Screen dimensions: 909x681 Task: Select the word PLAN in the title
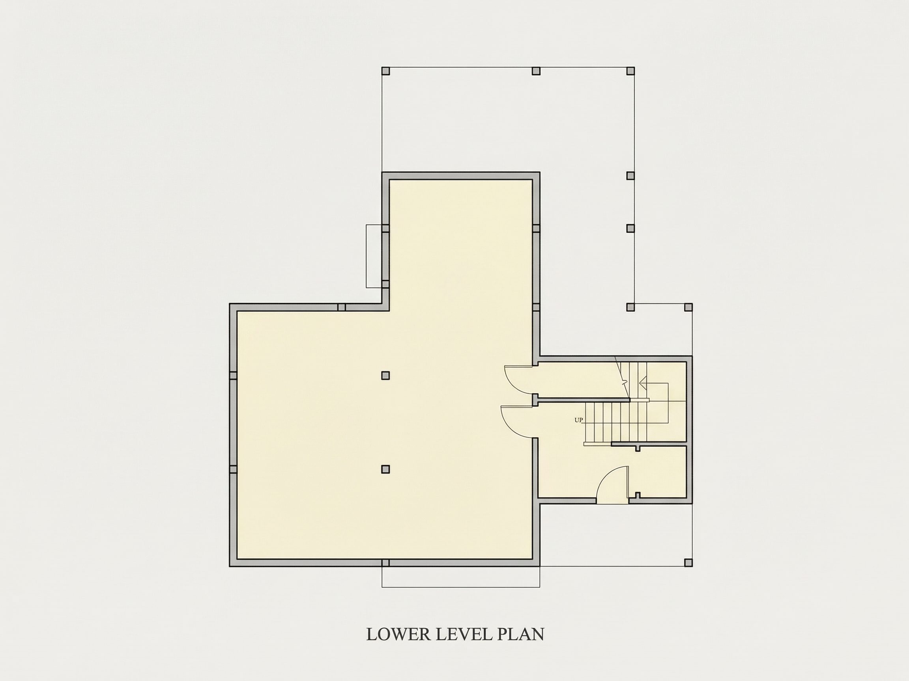[x=521, y=634]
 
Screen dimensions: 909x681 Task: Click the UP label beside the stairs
[x=579, y=420]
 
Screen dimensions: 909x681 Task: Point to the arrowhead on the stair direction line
[x=643, y=383]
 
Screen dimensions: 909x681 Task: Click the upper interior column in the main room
[x=385, y=375]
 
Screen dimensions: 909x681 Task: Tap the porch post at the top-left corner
[x=385, y=71]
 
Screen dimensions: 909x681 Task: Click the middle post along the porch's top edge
[x=536, y=71]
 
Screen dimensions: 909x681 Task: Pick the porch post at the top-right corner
[x=630, y=71]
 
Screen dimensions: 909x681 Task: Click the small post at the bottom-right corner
[x=688, y=562]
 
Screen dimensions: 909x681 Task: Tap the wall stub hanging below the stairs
[x=638, y=448]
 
